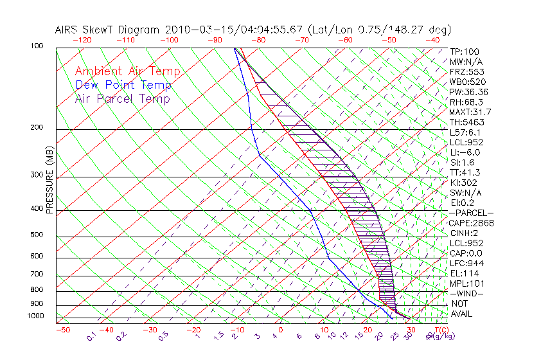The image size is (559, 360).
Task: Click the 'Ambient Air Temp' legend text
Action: (127, 71)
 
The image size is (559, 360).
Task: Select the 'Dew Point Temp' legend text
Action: (123, 85)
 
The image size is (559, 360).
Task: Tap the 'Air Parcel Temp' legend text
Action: (122, 98)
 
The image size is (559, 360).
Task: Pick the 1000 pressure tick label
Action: (36, 316)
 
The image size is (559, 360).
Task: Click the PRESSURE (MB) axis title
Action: (49, 180)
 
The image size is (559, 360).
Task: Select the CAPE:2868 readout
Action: (470, 223)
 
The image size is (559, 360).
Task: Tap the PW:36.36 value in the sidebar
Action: (468, 92)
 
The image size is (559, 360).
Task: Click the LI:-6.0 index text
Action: (465, 152)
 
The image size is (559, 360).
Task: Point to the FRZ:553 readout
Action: (466, 71)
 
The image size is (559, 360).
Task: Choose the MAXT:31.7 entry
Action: (470, 113)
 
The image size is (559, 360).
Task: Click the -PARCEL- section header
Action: (471, 213)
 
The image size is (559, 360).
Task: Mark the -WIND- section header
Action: (466, 293)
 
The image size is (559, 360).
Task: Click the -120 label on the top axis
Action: (82, 40)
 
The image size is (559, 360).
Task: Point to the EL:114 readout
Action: (464, 273)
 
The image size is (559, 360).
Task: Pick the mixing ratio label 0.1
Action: (91, 336)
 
